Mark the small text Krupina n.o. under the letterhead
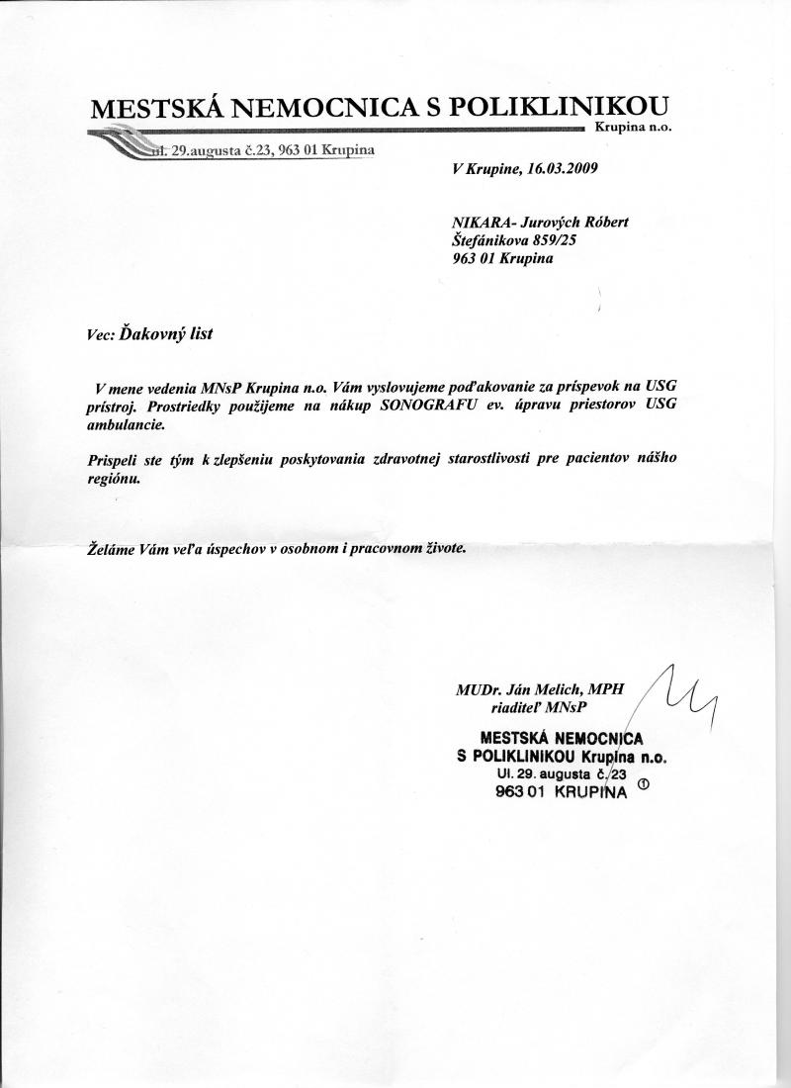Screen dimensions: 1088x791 pyautogui.click(x=633, y=129)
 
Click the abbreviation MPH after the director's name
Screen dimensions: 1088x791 pyautogui.click(x=606, y=689)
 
